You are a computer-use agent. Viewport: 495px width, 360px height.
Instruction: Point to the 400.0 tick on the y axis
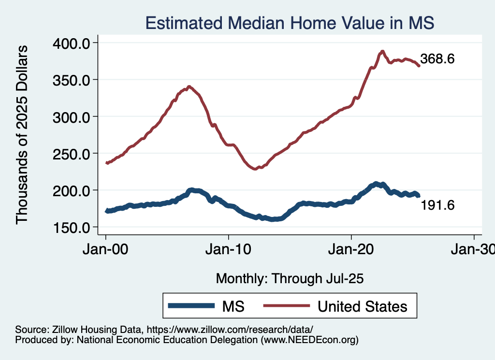click(x=72, y=43)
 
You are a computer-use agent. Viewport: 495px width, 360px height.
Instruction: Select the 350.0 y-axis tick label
click(x=72, y=80)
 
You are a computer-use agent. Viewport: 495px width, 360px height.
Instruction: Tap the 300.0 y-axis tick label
click(x=72, y=116)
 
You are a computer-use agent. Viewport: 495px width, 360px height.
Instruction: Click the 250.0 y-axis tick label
click(x=72, y=154)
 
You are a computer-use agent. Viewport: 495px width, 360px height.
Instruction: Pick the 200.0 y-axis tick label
click(x=72, y=190)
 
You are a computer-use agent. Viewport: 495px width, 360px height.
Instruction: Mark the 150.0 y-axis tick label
click(x=72, y=227)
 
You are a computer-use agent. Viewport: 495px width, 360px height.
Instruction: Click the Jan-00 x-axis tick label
click(x=106, y=251)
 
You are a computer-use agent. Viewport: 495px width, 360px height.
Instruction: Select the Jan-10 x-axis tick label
click(x=228, y=251)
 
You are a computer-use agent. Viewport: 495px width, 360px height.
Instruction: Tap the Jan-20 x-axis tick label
click(x=351, y=251)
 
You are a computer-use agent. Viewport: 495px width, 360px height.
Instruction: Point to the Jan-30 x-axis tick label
click(x=473, y=251)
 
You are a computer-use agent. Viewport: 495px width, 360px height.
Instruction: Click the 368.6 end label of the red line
click(x=437, y=59)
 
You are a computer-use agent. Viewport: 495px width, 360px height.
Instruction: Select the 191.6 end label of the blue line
click(x=437, y=205)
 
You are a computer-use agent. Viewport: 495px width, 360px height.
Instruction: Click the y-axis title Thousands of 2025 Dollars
click(x=22, y=135)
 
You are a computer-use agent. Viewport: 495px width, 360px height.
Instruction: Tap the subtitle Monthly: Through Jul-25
click(x=290, y=279)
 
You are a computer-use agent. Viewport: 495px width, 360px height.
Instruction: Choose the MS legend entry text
click(x=233, y=306)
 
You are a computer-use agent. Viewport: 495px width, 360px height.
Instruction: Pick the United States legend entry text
click(x=362, y=306)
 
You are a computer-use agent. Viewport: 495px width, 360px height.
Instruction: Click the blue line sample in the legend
click(x=190, y=306)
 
